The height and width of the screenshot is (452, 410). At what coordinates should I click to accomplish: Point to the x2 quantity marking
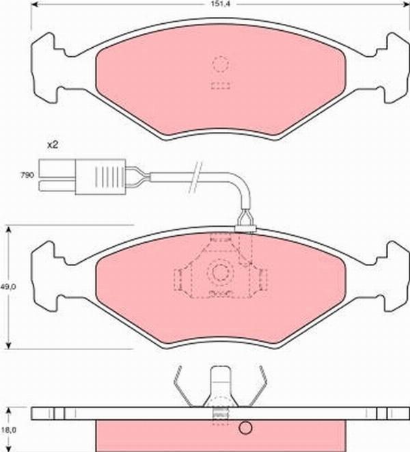coord(52,145)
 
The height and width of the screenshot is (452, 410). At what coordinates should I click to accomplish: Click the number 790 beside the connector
coord(27,176)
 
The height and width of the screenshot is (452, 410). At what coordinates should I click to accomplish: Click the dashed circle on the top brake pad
coord(220,66)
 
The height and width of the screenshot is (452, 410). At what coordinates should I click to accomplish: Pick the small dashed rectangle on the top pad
coord(220,85)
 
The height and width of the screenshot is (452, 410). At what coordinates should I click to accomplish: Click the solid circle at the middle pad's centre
coord(220,273)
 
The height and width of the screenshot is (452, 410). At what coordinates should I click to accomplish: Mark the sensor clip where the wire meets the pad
coord(244,220)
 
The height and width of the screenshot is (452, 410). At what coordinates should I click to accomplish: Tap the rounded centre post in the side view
coord(220,383)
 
